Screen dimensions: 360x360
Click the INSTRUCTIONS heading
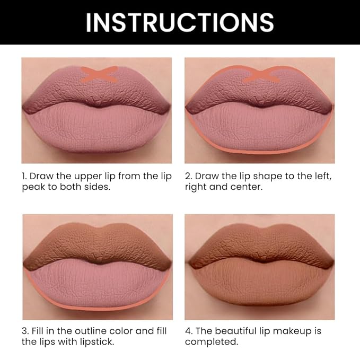(x=180, y=22)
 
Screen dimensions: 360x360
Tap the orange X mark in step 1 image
(x=99, y=74)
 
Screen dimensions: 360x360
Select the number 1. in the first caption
(x=24, y=176)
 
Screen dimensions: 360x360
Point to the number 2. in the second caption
(x=188, y=176)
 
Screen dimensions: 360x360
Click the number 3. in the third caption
(x=25, y=331)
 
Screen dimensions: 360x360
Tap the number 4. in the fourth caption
(x=188, y=331)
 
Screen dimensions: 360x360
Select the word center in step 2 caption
(x=247, y=188)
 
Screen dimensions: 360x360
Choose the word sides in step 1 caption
(x=96, y=188)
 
